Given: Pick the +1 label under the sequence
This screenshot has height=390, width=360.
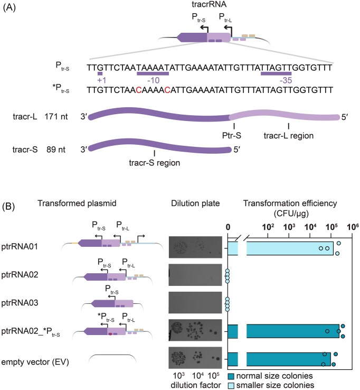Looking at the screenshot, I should (x=101, y=79).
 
